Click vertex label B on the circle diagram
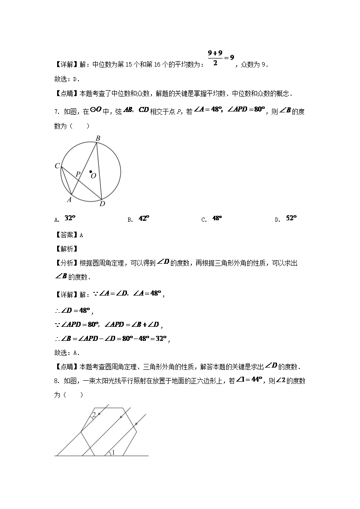97,138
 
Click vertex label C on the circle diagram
57,166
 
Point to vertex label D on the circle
102,204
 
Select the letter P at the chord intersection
78,174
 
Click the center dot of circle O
91,172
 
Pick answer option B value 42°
144,218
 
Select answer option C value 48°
217,218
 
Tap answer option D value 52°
291,218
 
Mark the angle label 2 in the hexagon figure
93,415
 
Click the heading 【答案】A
68,235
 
